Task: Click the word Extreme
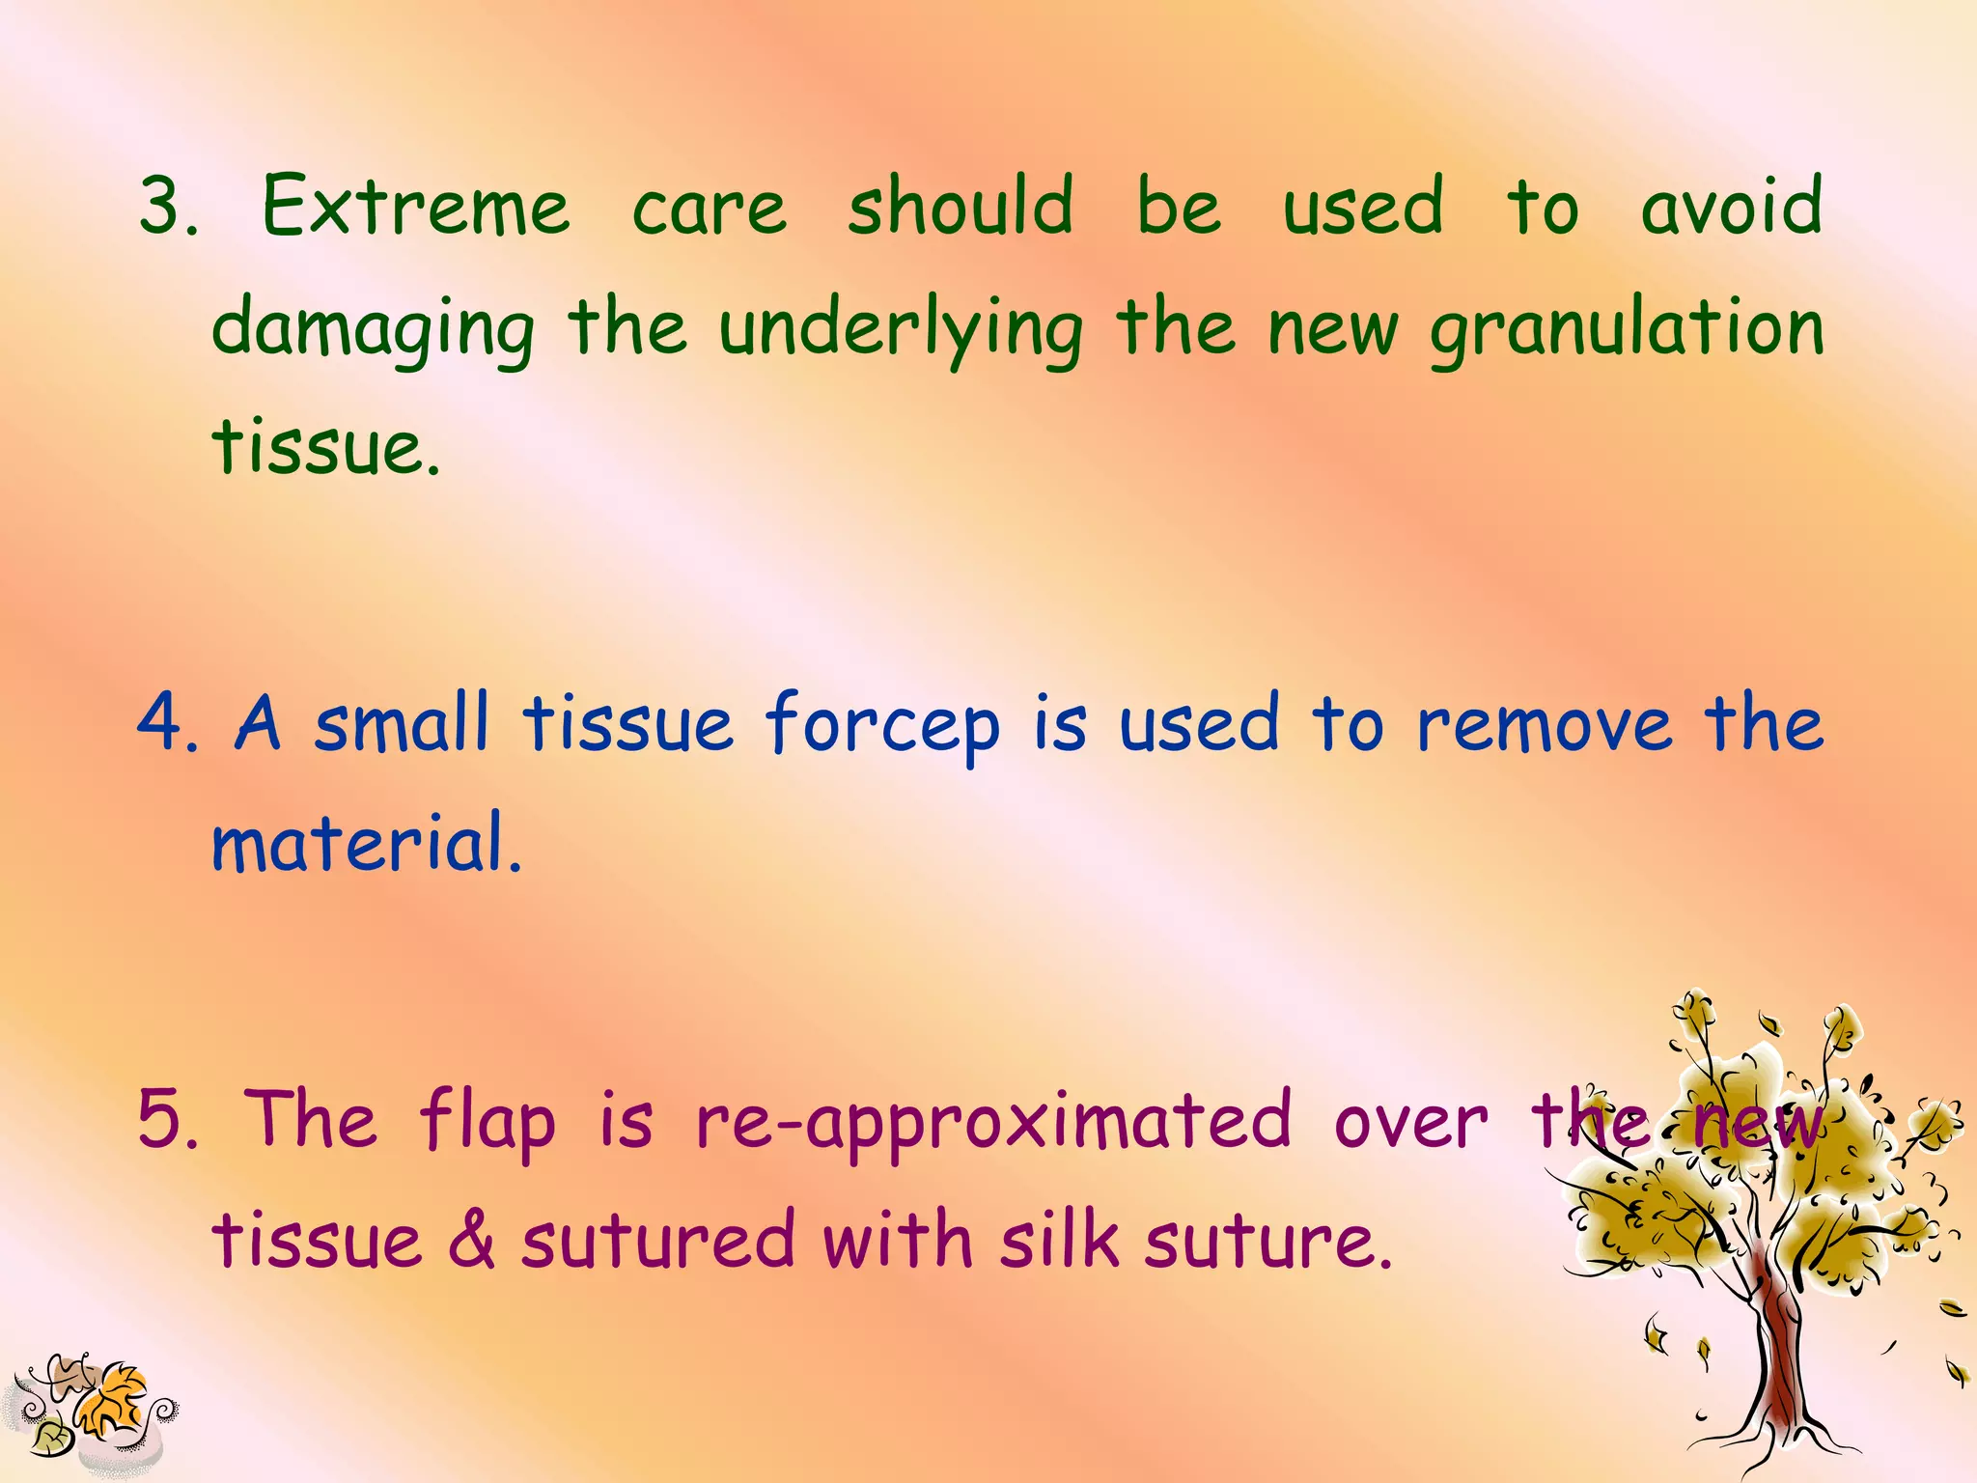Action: point(416,208)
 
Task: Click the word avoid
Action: point(1731,208)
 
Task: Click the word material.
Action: point(366,843)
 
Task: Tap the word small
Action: point(402,723)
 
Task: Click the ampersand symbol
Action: point(471,1241)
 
